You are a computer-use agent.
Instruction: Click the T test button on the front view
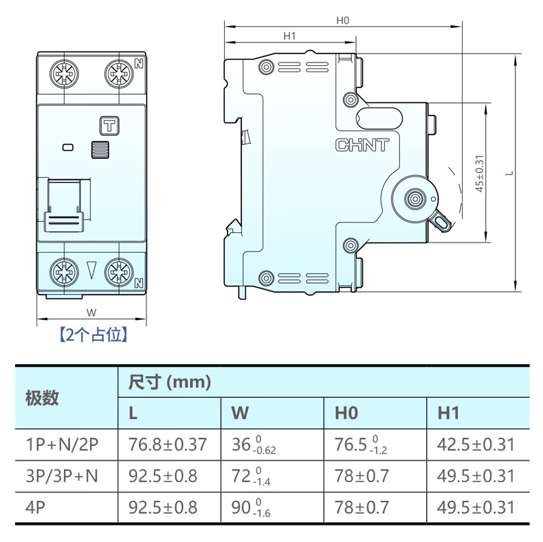(x=109, y=126)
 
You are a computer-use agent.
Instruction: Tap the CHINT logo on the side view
(x=362, y=145)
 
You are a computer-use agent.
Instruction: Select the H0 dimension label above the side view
(x=343, y=21)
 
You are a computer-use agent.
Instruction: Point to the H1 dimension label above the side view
(x=289, y=36)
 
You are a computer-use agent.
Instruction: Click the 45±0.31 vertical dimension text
(x=479, y=173)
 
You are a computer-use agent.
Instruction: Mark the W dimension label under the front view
(x=91, y=313)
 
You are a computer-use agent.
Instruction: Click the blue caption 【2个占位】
(x=93, y=335)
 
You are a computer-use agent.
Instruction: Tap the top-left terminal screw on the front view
(x=64, y=74)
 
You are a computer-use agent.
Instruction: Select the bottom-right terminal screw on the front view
(x=119, y=273)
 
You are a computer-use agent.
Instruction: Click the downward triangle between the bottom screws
(x=91, y=270)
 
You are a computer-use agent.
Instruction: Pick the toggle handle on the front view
(x=64, y=205)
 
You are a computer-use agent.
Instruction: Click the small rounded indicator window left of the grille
(x=68, y=148)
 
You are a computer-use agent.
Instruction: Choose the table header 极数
(x=42, y=398)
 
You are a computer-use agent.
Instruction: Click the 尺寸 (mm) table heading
(x=170, y=383)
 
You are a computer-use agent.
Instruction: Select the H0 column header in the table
(x=346, y=413)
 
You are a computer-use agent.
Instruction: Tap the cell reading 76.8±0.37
(x=168, y=444)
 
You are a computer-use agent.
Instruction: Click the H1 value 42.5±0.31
(x=476, y=444)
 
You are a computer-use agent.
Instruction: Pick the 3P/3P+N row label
(x=62, y=476)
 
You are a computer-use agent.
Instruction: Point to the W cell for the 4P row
(x=251, y=508)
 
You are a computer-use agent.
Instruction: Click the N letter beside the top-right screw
(x=139, y=64)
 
